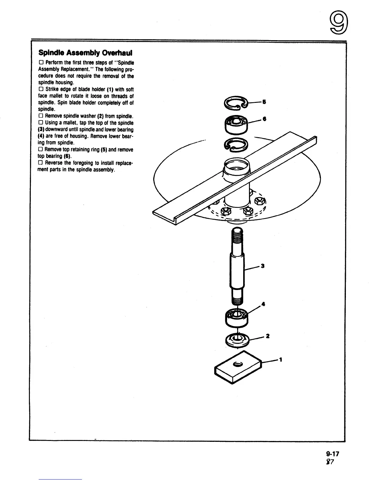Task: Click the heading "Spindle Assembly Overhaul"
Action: [85, 53]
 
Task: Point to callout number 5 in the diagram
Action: [264, 102]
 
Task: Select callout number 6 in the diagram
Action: [265, 119]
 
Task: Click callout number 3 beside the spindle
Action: [262, 266]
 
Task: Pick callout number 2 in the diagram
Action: [267, 336]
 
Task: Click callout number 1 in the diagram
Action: [281, 360]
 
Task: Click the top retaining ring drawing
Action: [235, 104]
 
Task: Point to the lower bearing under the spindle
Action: [237, 317]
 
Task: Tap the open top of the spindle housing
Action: [237, 166]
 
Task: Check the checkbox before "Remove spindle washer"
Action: [41, 116]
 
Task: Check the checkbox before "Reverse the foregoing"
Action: [41, 163]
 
